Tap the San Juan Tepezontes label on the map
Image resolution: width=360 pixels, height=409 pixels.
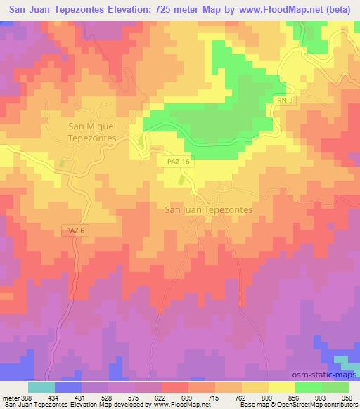207,209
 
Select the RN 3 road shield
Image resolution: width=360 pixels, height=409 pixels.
283,101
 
